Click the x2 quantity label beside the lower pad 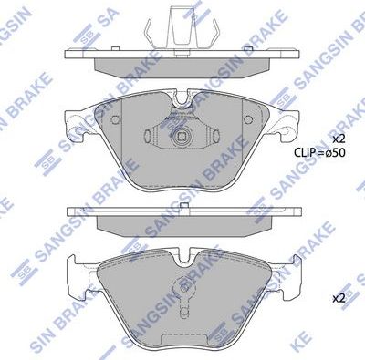pos(338,298)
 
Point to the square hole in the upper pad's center pos(183,141)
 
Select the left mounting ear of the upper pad pos(76,121)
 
